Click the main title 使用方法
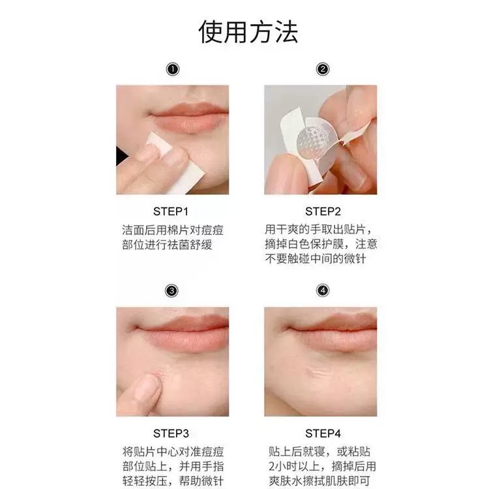pos(248,32)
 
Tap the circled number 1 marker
pos(173,69)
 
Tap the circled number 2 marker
pos(323,69)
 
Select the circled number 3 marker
pos(171,291)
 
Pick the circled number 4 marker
pos(323,291)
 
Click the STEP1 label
pos(171,211)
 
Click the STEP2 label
pos(323,211)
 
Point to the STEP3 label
pos(171,433)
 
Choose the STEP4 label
pos(323,433)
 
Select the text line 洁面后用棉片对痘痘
pos(173,230)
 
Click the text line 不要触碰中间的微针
pos(315,259)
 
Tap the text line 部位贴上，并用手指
pos(173,466)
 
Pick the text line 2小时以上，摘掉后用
pos(322,466)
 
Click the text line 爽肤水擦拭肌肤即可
pos(319,481)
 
